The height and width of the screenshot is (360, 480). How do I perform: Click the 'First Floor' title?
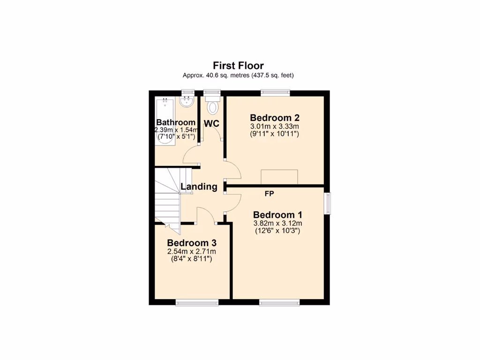[x=238, y=66]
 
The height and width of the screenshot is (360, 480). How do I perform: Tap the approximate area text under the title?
[x=238, y=75]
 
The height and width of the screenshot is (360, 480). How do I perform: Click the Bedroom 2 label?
[x=274, y=118]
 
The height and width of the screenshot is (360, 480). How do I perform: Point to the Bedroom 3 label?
[x=191, y=243]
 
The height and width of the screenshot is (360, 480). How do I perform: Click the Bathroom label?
[x=176, y=123]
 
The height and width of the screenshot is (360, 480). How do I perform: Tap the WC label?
[x=212, y=123]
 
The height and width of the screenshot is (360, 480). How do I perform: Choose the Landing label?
[x=199, y=187]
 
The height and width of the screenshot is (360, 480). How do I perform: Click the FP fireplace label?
[x=270, y=193]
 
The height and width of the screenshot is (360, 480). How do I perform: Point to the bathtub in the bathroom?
[x=165, y=120]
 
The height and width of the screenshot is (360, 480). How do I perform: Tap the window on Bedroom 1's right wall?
[x=328, y=203]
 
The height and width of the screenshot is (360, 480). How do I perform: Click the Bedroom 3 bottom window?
[x=197, y=303]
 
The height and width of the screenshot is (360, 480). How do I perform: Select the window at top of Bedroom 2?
[x=275, y=92]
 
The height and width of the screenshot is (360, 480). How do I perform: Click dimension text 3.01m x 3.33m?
[x=274, y=127]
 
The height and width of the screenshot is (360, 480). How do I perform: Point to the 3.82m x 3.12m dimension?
[x=277, y=223]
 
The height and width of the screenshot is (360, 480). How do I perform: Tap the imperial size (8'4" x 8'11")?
[x=191, y=259]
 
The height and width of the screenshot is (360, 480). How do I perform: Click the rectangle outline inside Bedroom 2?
[x=279, y=177]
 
